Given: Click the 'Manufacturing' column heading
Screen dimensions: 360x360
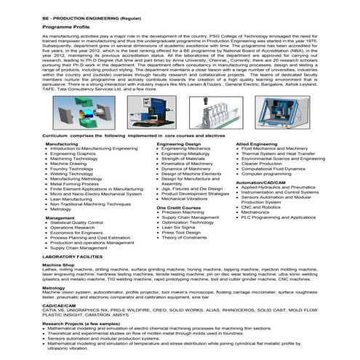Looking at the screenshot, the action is (62, 144).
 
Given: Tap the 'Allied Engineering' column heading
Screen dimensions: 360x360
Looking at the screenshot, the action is (260, 144).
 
